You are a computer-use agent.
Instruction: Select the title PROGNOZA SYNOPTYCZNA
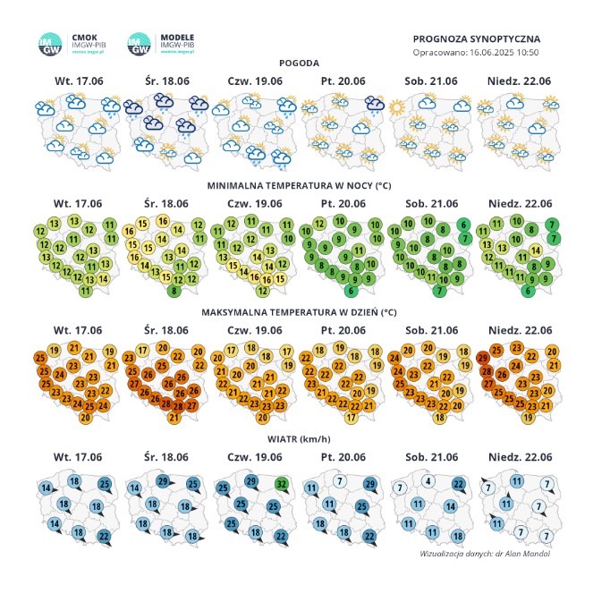477,39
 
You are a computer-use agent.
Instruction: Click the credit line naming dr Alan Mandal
485,554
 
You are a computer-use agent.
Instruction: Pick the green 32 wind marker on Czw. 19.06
282,485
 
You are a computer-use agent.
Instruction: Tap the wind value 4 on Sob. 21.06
429,482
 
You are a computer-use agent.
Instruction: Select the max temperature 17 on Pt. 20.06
349,417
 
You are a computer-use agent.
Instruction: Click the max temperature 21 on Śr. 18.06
174,418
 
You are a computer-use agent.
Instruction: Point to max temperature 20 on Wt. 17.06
86,418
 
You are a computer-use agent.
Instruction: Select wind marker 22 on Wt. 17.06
104,536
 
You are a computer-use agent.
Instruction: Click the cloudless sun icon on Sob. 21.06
396,107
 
